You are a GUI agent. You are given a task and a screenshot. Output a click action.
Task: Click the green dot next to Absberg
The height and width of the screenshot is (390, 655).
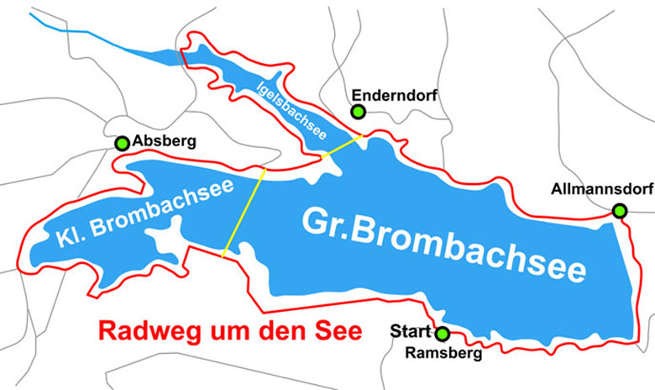click(123, 143)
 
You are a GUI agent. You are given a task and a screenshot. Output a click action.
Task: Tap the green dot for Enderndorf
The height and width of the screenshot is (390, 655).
click(359, 112)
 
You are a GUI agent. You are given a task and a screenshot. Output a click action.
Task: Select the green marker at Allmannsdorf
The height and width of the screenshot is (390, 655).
click(620, 211)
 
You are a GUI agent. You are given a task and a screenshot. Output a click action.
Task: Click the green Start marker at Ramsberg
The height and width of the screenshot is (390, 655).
click(443, 335)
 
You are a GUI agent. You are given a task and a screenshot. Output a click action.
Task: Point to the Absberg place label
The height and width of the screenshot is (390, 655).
click(164, 142)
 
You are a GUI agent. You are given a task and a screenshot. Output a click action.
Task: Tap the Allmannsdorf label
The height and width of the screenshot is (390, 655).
click(602, 190)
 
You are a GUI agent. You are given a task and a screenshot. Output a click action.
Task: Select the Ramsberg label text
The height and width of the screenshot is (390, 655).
click(443, 353)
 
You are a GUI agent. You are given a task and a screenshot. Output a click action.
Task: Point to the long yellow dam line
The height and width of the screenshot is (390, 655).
click(244, 211)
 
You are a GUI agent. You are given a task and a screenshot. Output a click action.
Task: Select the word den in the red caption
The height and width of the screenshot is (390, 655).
click(278, 330)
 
